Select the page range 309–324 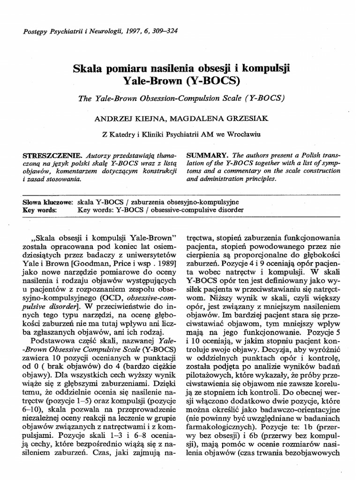point(162,31)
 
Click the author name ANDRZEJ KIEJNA point(122,119)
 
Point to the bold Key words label point(40,210)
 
